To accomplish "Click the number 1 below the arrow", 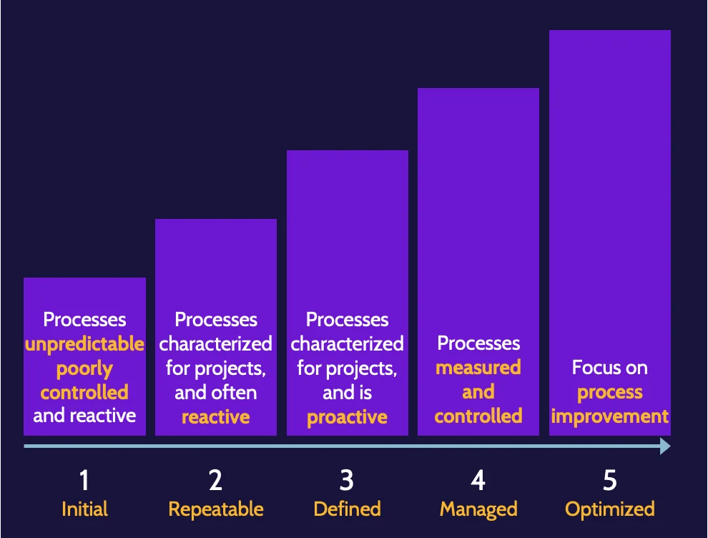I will point(84,481).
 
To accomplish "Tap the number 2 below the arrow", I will point(215,481).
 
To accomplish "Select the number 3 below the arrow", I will point(347,481).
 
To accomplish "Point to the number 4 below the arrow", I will point(478,481).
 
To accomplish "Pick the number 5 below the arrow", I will point(609,481).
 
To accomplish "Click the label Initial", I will point(84,509).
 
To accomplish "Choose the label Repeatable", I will point(215,509).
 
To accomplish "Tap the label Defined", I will point(347,509).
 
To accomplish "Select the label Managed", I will point(478,509).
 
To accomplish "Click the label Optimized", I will point(609,509).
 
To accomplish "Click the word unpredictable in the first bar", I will point(84,344).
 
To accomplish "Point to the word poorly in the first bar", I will point(84,368).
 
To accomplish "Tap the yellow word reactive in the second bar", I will point(215,416).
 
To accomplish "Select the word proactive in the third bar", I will point(347,416).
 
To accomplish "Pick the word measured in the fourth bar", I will point(478,368).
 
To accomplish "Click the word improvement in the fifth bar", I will point(609,416).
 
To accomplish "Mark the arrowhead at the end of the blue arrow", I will point(664,446).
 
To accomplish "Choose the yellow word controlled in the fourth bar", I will point(478,416).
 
